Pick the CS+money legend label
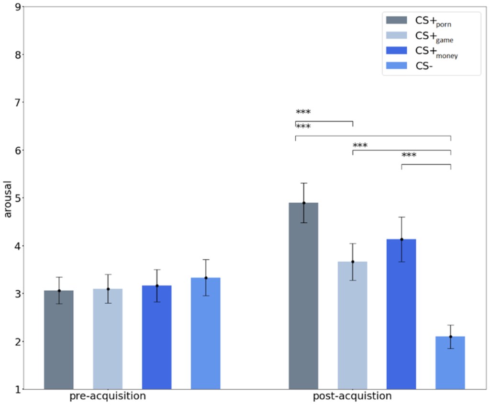point(437,51)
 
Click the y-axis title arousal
point(8,198)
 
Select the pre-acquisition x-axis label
point(108,397)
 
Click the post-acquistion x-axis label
point(352,397)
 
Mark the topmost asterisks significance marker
point(303,112)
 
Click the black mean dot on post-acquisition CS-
point(450,337)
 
